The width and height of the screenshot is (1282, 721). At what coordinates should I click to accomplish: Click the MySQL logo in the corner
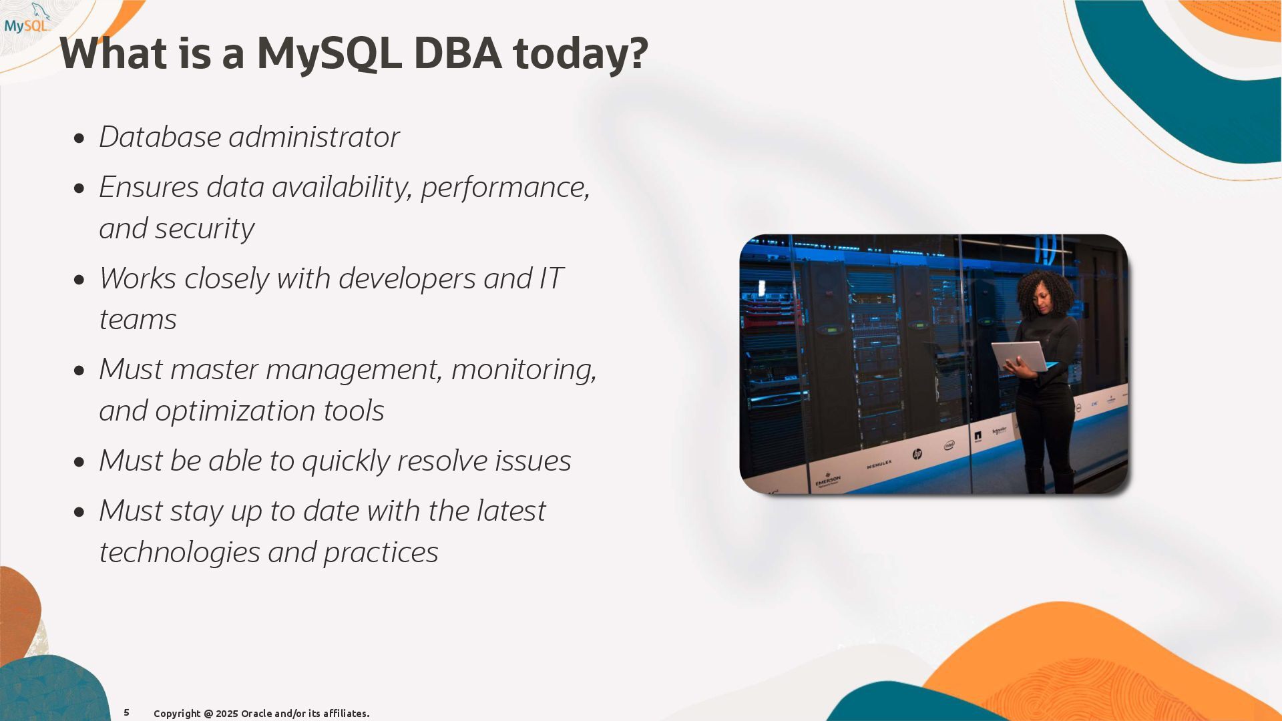(x=27, y=19)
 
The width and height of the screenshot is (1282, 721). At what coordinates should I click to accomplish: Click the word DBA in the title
(x=457, y=53)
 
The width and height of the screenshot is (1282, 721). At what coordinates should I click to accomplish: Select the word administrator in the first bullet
(x=314, y=137)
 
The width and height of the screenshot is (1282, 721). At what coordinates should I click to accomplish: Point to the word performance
(x=505, y=188)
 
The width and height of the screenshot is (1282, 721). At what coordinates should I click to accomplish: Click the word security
(x=205, y=229)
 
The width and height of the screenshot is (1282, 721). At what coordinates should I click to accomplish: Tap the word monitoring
(x=524, y=370)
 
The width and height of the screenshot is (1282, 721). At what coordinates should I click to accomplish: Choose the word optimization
(x=236, y=411)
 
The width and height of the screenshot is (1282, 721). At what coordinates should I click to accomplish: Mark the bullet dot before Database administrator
(x=80, y=139)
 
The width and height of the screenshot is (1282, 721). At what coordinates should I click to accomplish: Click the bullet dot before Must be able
(x=80, y=462)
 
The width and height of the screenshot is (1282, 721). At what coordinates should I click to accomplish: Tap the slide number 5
(x=126, y=712)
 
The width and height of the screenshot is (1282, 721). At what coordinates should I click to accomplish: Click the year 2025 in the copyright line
(x=226, y=714)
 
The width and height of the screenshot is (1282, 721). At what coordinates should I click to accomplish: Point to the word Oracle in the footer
(x=256, y=714)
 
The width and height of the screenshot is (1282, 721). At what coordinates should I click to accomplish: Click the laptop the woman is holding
(x=1020, y=356)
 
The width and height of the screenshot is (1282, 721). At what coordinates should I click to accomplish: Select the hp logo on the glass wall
(x=917, y=454)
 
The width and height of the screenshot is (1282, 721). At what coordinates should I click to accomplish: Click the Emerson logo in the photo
(x=828, y=480)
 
